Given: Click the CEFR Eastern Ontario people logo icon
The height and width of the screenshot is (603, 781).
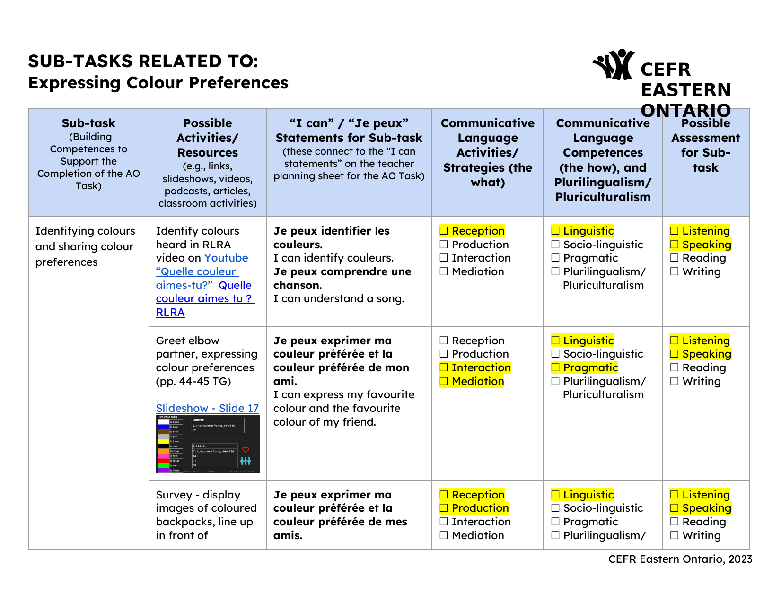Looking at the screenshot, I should click(x=614, y=65).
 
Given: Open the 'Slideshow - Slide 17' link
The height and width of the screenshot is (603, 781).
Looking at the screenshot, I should click(x=207, y=408).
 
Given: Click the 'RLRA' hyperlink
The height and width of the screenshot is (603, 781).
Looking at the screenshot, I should click(x=170, y=313).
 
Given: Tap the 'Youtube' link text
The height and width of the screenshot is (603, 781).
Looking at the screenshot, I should click(x=226, y=258).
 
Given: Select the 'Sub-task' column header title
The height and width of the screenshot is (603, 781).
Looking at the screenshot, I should click(x=88, y=123).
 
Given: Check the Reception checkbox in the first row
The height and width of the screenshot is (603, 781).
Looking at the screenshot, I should click(x=444, y=231).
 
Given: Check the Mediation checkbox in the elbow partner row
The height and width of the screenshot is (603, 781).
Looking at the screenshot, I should click(x=444, y=382).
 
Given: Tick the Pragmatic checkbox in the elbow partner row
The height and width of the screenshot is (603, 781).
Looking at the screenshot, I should click(x=555, y=368).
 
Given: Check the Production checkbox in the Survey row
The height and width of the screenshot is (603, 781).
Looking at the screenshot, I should click(x=444, y=508).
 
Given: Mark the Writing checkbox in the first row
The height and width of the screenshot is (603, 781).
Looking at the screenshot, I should click(x=675, y=272).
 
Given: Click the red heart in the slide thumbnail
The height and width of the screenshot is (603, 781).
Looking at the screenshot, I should click(x=246, y=450).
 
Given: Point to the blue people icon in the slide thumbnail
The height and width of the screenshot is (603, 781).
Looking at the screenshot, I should click(x=246, y=461).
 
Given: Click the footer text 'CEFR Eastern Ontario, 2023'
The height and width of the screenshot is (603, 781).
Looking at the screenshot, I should click(x=680, y=559).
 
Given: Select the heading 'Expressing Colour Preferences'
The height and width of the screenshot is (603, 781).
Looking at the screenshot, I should click(x=158, y=83).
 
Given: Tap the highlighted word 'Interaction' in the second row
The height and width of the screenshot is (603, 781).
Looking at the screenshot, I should click(x=481, y=368).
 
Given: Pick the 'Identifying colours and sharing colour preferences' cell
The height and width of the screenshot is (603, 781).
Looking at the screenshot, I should click(x=85, y=246).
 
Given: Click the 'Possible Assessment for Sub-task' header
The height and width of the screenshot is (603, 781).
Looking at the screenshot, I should click(x=705, y=145).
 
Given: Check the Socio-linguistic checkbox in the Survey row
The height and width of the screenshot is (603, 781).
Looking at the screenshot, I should click(x=555, y=508).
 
